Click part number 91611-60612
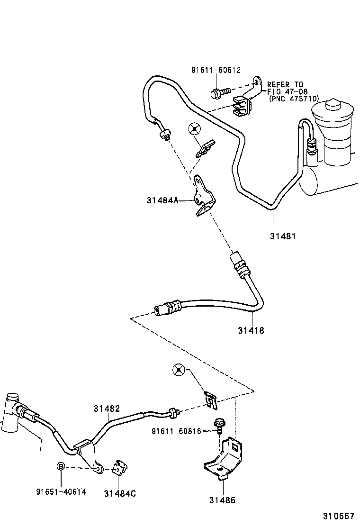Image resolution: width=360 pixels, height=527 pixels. click(x=216, y=70)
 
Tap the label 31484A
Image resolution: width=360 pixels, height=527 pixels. click(x=162, y=200)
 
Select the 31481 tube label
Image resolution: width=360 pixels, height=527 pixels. click(x=283, y=236)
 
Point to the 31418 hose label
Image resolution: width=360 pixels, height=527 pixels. click(x=251, y=330)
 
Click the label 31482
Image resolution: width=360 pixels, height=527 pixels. click(x=107, y=409)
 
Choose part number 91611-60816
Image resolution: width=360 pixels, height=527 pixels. click(x=177, y=431)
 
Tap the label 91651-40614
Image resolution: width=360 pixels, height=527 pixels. click(x=61, y=491)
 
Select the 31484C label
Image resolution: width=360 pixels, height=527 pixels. click(x=120, y=493)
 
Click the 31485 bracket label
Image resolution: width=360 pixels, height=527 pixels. click(x=223, y=500)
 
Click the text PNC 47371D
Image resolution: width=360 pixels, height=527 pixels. click(x=294, y=99)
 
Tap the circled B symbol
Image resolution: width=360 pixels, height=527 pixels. click(x=61, y=466)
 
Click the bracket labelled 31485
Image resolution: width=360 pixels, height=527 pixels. click(x=223, y=457)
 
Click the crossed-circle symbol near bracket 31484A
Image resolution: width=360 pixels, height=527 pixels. click(x=194, y=128)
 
